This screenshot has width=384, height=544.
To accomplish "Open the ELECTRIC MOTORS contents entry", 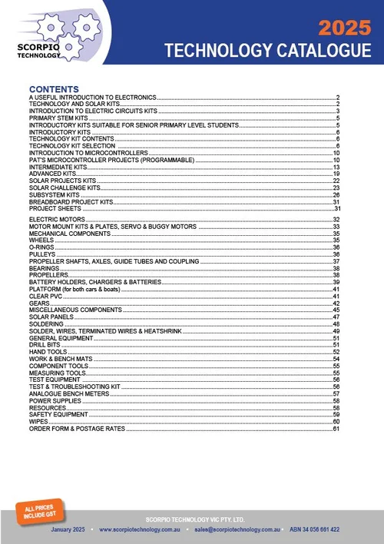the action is (x=56, y=220).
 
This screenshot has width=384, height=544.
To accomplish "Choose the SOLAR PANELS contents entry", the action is (x=53, y=317).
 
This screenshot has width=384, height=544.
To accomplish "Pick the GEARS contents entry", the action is (x=38, y=303).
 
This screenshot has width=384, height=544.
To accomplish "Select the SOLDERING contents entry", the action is (x=48, y=323).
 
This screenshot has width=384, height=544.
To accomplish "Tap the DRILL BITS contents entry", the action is (x=45, y=344).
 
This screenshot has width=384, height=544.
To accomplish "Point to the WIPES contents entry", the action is (x=38, y=421).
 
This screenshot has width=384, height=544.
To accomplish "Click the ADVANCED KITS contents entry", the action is (x=52, y=174).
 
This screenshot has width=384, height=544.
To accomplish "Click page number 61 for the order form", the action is (x=336, y=428).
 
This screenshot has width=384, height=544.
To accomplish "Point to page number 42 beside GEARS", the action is (x=336, y=303).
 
